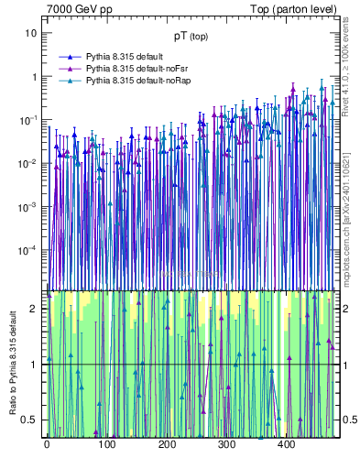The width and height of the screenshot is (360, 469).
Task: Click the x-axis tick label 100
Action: click(x=106, y=444)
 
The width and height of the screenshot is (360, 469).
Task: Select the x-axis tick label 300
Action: click(x=226, y=444)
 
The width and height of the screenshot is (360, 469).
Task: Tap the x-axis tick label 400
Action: click(x=286, y=444)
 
